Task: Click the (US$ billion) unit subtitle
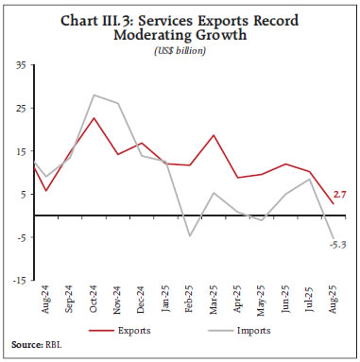[180, 49]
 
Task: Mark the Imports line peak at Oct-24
[94, 95]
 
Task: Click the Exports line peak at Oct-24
[94, 118]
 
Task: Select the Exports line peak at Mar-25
[214, 135]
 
